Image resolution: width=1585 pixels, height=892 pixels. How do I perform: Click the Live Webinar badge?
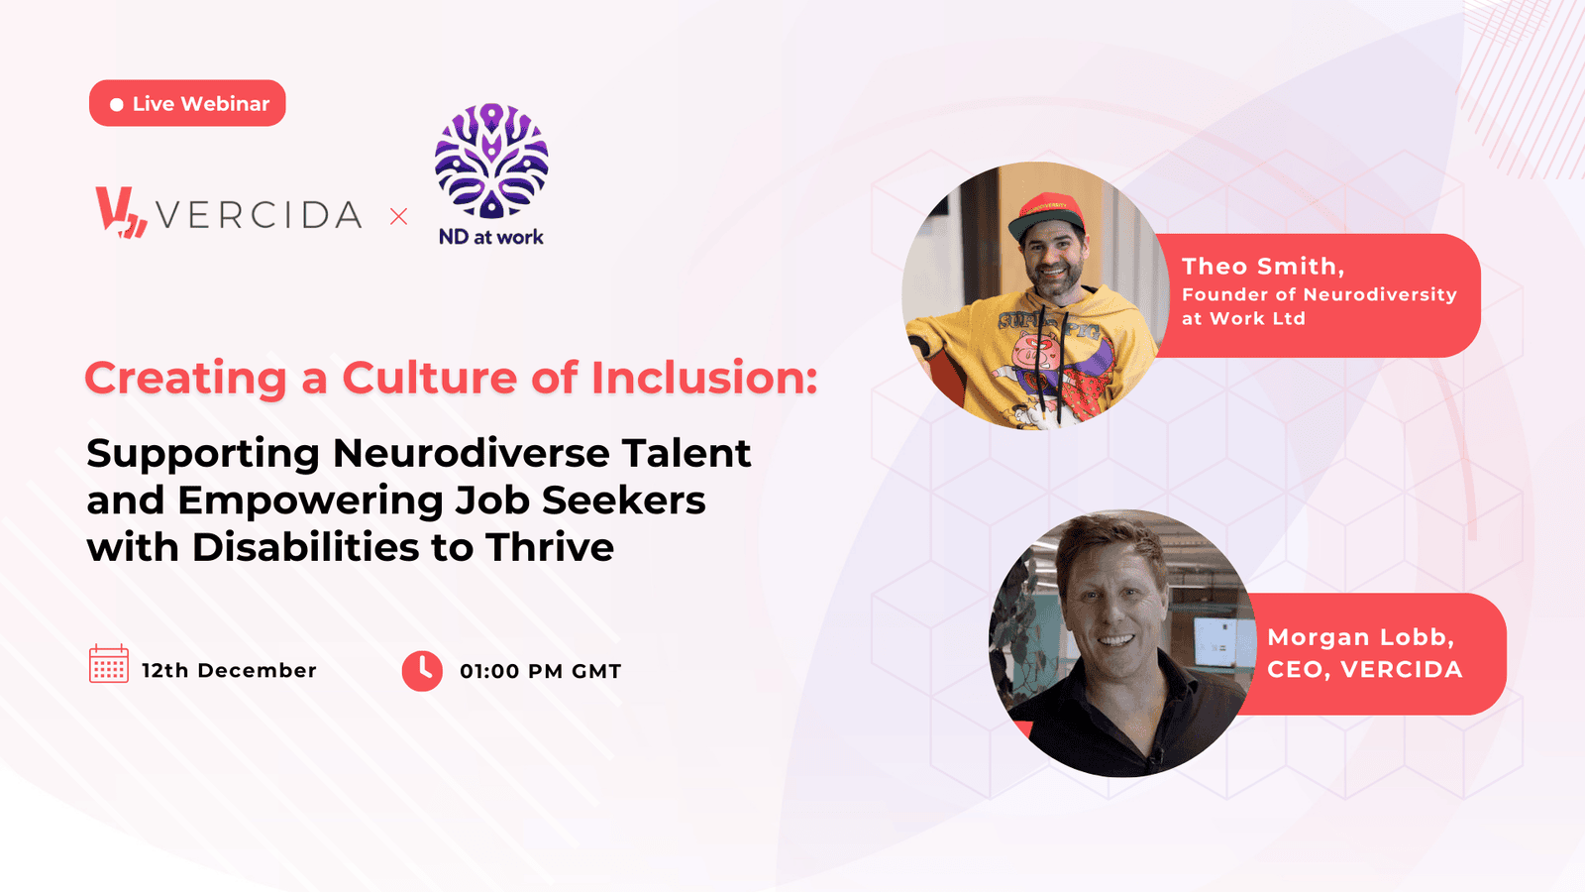click(187, 103)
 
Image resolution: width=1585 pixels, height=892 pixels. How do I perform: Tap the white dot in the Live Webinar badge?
click(117, 105)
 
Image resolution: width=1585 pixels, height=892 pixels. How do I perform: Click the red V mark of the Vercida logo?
click(121, 212)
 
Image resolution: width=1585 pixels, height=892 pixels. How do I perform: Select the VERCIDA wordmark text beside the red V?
click(259, 215)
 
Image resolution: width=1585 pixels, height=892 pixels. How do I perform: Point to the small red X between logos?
click(399, 217)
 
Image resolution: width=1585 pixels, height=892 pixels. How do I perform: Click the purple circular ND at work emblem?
click(491, 161)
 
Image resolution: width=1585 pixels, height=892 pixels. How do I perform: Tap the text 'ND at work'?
click(491, 237)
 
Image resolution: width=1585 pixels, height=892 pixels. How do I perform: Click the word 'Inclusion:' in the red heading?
click(704, 378)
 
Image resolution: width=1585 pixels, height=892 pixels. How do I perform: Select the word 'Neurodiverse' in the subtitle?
click(472, 453)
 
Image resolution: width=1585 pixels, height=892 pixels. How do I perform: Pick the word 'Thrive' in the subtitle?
click(549, 547)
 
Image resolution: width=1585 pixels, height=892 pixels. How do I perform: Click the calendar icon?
click(109, 664)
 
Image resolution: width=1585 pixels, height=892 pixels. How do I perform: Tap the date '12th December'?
click(229, 670)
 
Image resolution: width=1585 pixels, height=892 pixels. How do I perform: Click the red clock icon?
click(422, 670)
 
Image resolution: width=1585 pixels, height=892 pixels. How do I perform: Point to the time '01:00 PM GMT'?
click(541, 671)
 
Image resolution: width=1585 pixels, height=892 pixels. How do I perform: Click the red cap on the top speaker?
click(1047, 215)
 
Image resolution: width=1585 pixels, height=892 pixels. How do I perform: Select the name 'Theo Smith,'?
click(1263, 267)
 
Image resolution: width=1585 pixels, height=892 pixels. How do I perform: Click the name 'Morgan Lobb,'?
click(1361, 638)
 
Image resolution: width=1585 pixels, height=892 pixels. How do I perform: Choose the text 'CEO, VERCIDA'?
click(1365, 670)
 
